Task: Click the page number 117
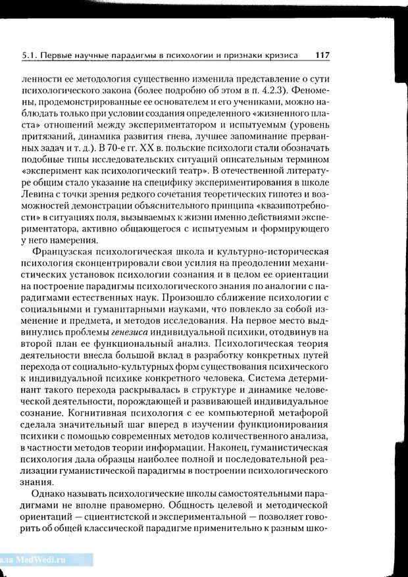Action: [x=322, y=56]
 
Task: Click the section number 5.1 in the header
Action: [x=29, y=57]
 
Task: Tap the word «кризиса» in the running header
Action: [x=279, y=57]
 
